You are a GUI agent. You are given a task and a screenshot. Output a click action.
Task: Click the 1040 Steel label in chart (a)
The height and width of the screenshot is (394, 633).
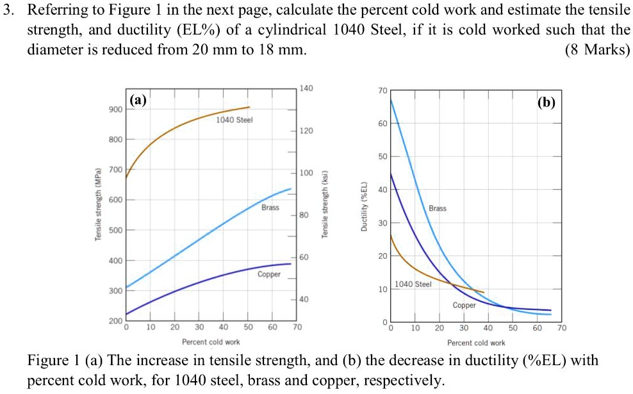point(234,120)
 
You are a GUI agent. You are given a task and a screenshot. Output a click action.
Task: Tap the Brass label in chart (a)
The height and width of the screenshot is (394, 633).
point(270,208)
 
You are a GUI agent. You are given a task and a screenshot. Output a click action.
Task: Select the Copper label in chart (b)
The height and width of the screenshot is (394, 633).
point(464,305)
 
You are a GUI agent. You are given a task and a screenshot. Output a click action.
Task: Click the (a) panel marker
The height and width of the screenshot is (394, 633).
point(138,100)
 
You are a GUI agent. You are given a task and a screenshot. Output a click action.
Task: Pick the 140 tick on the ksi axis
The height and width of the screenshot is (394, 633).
point(306,88)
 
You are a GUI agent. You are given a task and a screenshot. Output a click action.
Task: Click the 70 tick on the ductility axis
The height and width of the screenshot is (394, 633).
point(382,90)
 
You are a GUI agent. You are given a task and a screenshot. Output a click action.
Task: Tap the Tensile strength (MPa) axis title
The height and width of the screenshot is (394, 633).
point(98,205)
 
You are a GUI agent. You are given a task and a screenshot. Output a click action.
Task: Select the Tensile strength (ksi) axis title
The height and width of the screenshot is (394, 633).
point(324,205)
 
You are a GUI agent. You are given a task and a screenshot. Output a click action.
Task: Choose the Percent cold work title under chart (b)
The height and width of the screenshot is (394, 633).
point(476,343)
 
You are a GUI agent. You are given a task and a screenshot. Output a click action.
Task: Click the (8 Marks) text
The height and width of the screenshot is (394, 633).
point(597,49)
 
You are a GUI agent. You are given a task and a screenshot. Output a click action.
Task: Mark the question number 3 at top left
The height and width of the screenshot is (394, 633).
point(7,11)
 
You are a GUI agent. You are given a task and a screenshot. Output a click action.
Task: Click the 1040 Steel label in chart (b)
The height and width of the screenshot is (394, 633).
point(413,284)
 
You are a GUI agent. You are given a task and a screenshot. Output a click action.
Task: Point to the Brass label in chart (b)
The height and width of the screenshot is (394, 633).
point(438,208)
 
